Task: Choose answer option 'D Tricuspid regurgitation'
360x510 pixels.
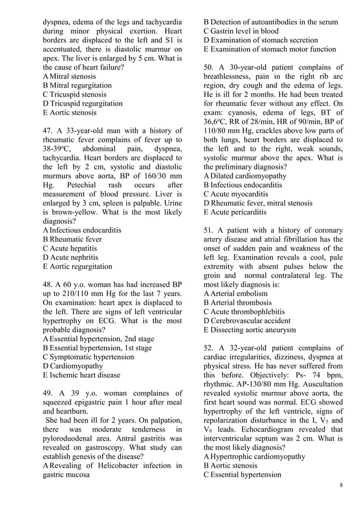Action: [x=82, y=103]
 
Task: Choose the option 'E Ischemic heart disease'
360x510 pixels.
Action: [x=81, y=374]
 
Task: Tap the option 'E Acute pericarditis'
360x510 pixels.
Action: [x=235, y=212]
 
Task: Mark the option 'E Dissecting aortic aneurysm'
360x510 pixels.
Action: [x=249, y=329]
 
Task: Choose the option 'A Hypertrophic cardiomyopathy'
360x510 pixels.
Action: [x=254, y=456]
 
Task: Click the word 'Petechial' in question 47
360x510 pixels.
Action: [x=85, y=185]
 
